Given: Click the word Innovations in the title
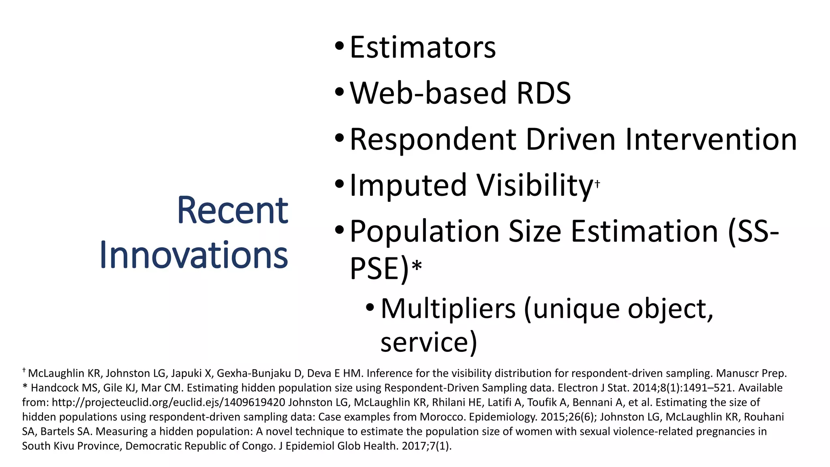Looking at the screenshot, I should click(x=193, y=255).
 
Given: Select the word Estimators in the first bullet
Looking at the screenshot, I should click(x=422, y=47).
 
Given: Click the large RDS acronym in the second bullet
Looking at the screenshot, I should click(x=543, y=93).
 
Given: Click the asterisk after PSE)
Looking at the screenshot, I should click(x=417, y=266).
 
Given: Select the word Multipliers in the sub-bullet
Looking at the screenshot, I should click(x=448, y=309).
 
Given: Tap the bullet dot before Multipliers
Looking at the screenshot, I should click(x=370, y=308).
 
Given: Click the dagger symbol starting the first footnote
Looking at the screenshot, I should click(x=24, y=371).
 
